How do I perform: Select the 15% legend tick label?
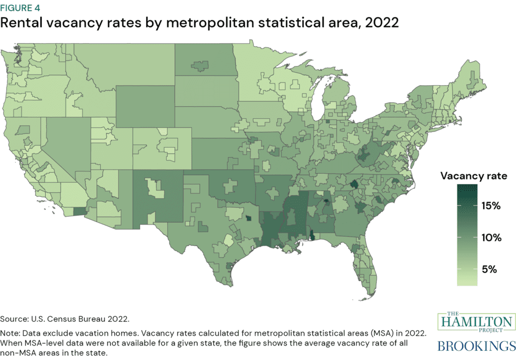pyautogui.click(x=489, y=206)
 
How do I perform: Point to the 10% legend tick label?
pyautogui.click(x=489, y=238)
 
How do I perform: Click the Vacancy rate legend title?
pyautogui.click(x=473, y=176)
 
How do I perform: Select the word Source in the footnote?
pyautogui.click(x=17, y=319)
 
